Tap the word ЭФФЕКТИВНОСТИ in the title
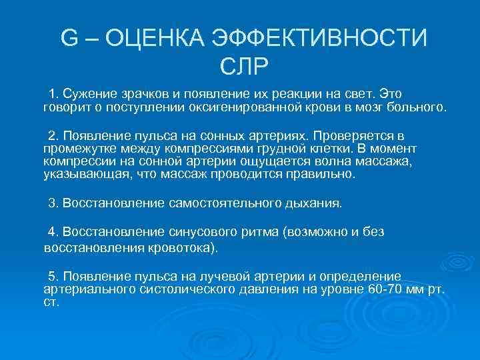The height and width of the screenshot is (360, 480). (x=318, y=38)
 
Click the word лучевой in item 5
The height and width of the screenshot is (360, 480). (x=214, y=275)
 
